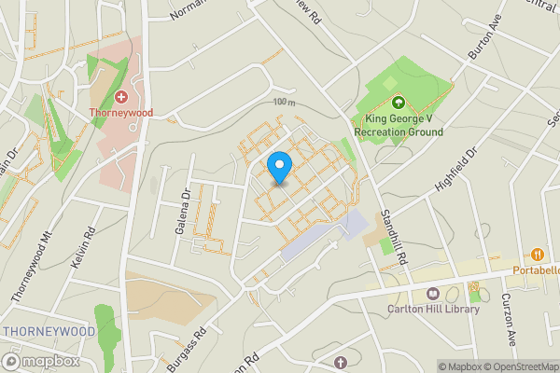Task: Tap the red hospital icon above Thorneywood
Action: coord(120,97)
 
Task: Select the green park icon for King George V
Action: coord(399,103)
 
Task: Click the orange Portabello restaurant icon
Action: coord(538,254)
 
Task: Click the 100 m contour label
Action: coord(284,102)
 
